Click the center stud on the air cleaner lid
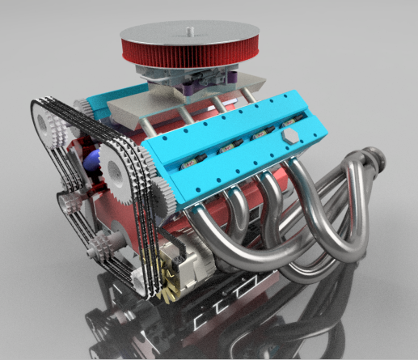tap(188, 31)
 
